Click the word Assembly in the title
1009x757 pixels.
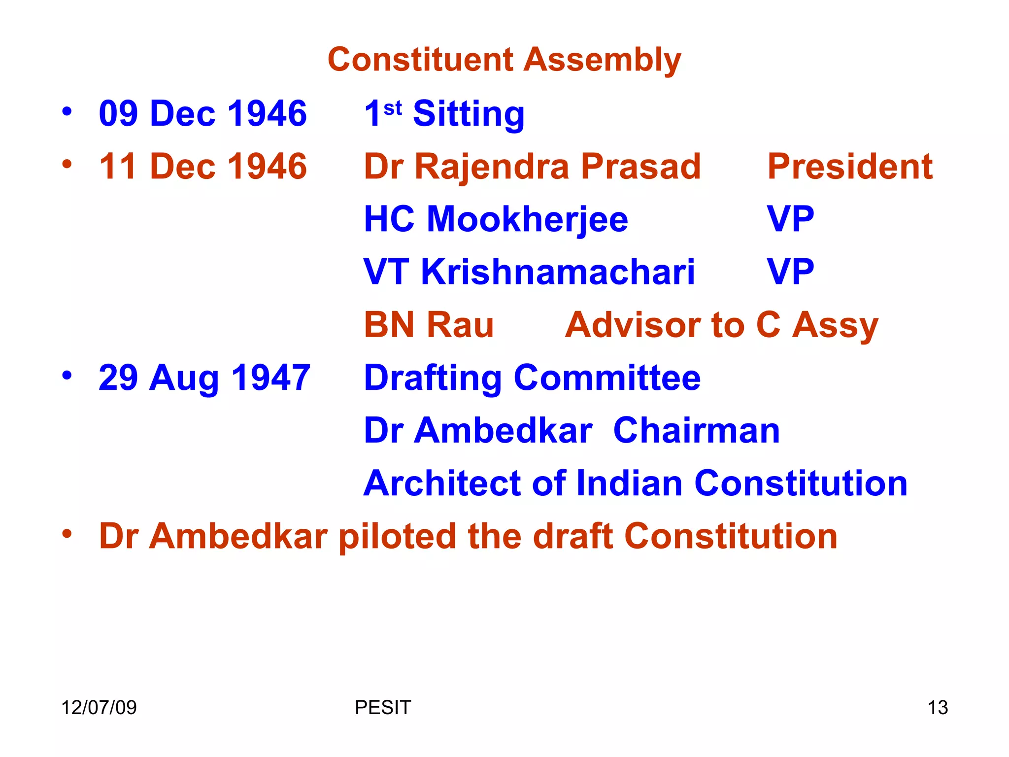tap(602, 60)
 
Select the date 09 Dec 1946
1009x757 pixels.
tap(203, 113)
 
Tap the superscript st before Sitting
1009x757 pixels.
tap(393, 107)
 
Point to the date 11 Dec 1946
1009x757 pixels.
tap(203, 167)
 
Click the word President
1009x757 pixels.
tap(850, 167)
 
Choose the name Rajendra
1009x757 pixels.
tap(492, 167)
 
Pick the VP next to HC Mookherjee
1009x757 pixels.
tap(790, 219)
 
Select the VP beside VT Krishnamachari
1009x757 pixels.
tap(790, 272)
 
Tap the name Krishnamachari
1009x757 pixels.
tap(558, 272)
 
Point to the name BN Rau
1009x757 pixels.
tap(429, 325)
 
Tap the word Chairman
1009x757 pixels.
tap(697, 431)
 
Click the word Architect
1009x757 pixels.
tap(441, 483)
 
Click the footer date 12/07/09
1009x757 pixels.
tap(99, 708)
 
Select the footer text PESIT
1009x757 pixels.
tap(383, 708)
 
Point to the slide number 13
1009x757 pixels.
tap(938, 708)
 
